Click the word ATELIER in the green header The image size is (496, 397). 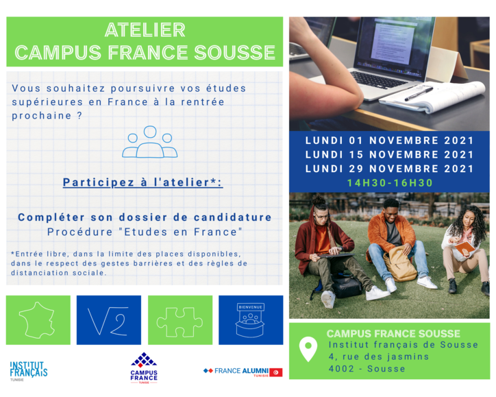pos(145,30)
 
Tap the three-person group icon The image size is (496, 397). pos(149,142)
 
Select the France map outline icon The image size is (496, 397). pos(37,320)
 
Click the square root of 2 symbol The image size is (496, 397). pos(108,321)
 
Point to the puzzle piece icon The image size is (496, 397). pos(179,322)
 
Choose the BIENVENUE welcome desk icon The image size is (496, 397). pos(250,320)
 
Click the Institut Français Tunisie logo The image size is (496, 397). pos(29,371)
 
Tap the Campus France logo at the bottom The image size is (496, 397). pos(144,368)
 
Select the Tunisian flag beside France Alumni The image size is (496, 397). pos(276,372)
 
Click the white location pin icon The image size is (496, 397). pos(308,348)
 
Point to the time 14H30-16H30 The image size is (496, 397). pos(390,183)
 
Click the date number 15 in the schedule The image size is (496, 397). pos(356,155)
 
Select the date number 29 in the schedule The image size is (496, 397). pos(356,169)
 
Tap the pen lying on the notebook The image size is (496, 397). pos(418,94)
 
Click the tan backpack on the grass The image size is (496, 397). pos(399,264)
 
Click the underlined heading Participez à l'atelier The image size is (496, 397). pos(142,182)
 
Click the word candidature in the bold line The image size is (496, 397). pos(232,217)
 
